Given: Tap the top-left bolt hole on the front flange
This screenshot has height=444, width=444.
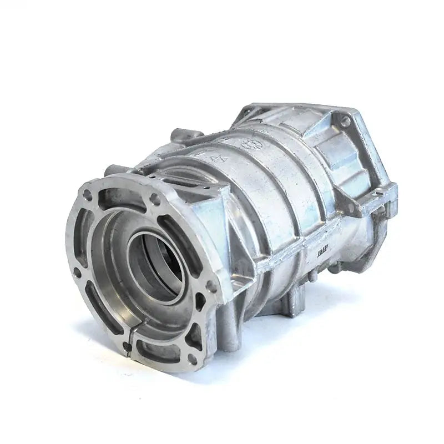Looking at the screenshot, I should click(x=87, y=195).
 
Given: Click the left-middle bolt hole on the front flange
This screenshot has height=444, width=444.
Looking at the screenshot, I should click(x=78, y=273).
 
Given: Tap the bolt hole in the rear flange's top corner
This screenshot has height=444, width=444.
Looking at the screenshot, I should click(x=345, y=120).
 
